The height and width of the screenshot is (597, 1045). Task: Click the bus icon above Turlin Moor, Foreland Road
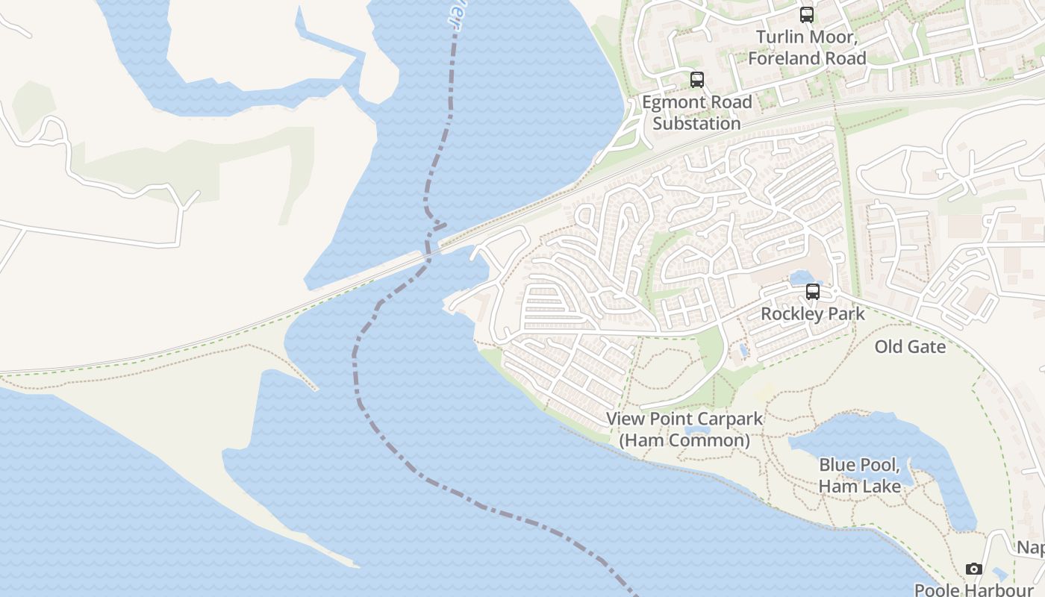[x=806, y=14]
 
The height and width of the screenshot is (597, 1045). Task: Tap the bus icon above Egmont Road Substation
[x=696, y=80]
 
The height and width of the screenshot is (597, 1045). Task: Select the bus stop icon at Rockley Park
[x=812, y=292]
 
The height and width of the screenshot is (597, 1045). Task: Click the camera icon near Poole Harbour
[x=973, y=569]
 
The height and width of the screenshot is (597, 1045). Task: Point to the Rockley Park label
[x=812, y=313]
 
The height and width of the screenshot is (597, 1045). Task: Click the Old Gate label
[x=910, y=347]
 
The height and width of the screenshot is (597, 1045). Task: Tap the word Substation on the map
[x=696, y=124]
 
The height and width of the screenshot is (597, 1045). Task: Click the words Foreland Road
[x=807, y=58]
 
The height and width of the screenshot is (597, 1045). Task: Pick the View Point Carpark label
[x=684, y=419]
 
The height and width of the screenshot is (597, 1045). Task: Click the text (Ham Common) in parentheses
[x=684, y=440]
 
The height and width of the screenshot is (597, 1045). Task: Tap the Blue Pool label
[x=858, y=465]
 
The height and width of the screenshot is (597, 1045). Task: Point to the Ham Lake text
[x=859, y=487]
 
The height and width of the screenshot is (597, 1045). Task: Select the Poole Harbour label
[x=973, y=590]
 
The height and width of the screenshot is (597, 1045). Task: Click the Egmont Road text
[x=696, y=102]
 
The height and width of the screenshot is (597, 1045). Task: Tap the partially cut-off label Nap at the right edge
[x=1031, y=548]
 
